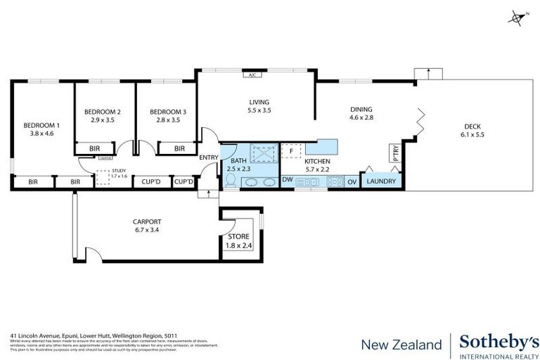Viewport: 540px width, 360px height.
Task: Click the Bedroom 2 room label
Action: [103, 112]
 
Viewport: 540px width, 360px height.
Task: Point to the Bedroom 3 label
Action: [168, 112]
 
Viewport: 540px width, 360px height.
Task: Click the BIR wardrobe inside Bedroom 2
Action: [94, 148]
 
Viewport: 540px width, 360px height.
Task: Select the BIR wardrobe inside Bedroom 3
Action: [179, 148]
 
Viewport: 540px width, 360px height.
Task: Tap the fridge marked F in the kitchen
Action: [290, 151]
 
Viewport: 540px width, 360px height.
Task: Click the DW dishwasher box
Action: [287, 181]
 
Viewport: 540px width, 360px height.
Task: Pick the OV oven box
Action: [352, 181]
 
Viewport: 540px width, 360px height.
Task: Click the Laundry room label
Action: [382, 181]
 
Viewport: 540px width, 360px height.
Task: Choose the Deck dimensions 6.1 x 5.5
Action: [472, 134]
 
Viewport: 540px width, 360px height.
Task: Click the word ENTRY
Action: [208, 157]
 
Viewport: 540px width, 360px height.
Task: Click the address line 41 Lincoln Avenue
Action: [91, 336]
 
